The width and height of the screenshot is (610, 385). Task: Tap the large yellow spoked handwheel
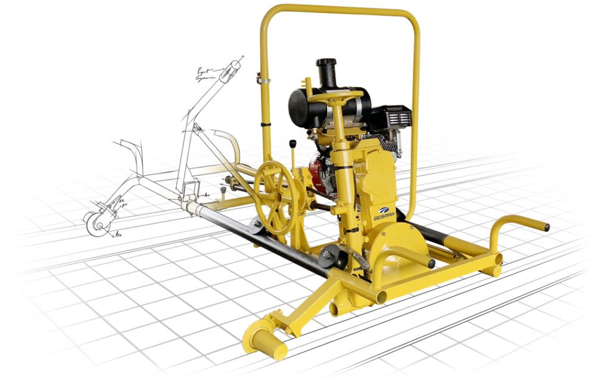275,197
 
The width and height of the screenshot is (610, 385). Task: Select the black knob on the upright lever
293,144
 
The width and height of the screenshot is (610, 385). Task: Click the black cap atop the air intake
326,63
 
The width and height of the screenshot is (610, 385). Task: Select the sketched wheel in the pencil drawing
94,223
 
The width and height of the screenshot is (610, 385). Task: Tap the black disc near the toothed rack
326,257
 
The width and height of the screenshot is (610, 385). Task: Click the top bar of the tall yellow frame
340,8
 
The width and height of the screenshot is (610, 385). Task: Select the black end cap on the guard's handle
431,263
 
